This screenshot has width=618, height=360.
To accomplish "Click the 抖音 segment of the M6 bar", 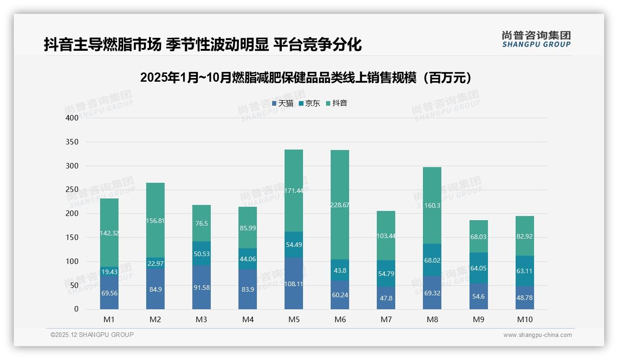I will (340, 205).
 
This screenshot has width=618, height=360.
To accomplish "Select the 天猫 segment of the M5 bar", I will (294, 283).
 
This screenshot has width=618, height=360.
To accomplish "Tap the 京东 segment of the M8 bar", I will (432, 260).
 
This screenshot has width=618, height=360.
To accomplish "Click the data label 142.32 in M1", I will (109, 233).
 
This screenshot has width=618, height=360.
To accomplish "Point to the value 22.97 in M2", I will (155, 264).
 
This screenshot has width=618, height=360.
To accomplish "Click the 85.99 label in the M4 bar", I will (248, 228).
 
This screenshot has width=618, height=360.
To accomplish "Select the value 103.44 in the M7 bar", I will (386, 236).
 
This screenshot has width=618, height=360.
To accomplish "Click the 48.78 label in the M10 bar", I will (524, 298).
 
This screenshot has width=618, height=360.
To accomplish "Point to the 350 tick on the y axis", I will (72, 142).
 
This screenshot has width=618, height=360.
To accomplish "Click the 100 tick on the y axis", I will (72, 261).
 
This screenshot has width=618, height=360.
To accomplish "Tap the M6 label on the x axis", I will (340, 319).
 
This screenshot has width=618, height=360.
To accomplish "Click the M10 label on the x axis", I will (524, 319).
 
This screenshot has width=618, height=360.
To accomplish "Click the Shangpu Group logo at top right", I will (536, 39).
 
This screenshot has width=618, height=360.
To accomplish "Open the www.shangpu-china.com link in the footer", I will (537, 335).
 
